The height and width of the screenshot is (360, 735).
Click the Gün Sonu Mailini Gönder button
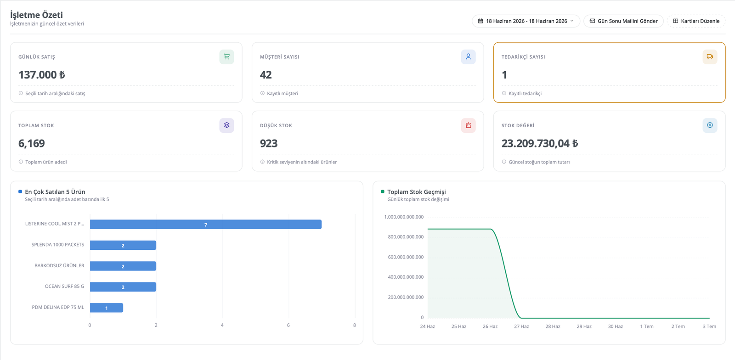click(x=623, y=21)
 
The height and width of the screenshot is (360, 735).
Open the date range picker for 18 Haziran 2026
click(x=526, y=21)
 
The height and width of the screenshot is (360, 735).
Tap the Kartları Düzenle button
click(x=696, y=21)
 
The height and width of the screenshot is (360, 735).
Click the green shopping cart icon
click(x=227, y=57)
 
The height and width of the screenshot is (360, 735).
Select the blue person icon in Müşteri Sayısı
click(x=468, y=57)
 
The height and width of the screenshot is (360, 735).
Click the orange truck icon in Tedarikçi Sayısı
click(x=710, y=57)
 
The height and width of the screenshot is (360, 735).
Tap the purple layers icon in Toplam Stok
click(x=227, y=125)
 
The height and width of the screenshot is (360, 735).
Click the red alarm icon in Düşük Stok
click(x=468, y=125)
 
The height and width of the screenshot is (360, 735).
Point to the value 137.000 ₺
click(x=42, y=75)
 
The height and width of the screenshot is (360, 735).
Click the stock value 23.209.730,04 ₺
click(x=540, y=143)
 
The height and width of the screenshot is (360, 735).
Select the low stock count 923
click(x=269, y=143)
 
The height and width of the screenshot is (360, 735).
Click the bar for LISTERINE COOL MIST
click(x=206, y=224)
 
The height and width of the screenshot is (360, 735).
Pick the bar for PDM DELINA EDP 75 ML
click(x=107, y=308)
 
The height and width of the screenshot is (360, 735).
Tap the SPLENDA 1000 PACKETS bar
click(x=123, y=245)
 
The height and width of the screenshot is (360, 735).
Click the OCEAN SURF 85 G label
click(x=64, y=286)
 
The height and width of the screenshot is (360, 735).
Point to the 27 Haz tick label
click(x=521, y=326)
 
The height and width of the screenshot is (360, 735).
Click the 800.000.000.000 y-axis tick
click(x=406, y=237)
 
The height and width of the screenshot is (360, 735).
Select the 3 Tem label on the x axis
click(x=709, y=326)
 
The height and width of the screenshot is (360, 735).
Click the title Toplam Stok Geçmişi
click(x=416, y=192)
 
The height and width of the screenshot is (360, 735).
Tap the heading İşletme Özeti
click(x=36, y=15)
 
